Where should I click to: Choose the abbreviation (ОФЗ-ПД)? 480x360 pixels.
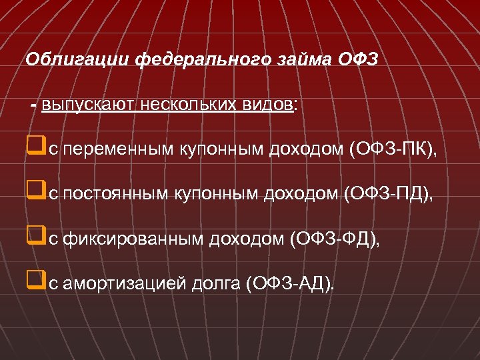pyautogui.click(x=387, y=194)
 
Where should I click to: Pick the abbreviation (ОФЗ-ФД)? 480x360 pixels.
pyautogui.click(x=333, y=238)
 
